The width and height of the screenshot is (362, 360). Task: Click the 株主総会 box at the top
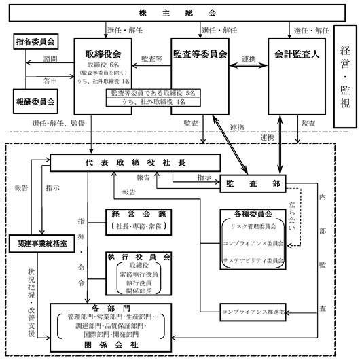pyautogui.click(x=177, y=13)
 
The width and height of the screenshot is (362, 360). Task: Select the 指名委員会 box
pyautogui.click(x=36, y=41)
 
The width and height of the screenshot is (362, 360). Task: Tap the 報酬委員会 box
pyautogui.click(x=35, y=102)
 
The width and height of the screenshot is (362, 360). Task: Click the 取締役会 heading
pyautogui.click(x=103, y=54)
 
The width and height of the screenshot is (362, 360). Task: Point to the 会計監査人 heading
pyautogui.click(x=297, y=54)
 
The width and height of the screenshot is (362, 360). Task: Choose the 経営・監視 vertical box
pyautogui.click(x=345, y=77)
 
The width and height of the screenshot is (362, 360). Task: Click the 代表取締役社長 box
pyautogui.click(x=135, y=163)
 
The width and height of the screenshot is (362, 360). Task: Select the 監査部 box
pyautogui.click(x=253, y=183)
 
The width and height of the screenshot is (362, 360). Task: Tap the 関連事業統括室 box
pyautogui.click(x=42, y=244)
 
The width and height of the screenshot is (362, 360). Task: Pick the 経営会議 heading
pyautogui.click(x=139, y=214)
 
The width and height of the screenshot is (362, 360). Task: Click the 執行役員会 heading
pyautogui.click(x=139, y=257)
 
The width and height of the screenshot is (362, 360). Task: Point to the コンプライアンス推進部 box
pyautogui.click(x=253, y=312)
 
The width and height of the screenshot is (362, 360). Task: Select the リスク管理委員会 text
pyautogui.click(x=253, y=227)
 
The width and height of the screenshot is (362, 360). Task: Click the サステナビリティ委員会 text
pyautogui.click(x=253, y=261)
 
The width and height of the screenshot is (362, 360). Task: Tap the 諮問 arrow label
pyautogui.click(x=50, y=59)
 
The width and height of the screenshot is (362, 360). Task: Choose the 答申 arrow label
pyautogui.click(x=50, y=81)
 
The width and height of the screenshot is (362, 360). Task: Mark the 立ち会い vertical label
pyautogui.click(x=292, y=216)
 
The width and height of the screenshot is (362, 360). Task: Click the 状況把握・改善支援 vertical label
pyautogui.click(x=31, y=303)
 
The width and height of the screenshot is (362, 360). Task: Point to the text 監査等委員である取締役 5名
pyautogui.click(x=153, y=93)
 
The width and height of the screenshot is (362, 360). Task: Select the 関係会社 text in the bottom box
pyautogui.click(x=111, y=345)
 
